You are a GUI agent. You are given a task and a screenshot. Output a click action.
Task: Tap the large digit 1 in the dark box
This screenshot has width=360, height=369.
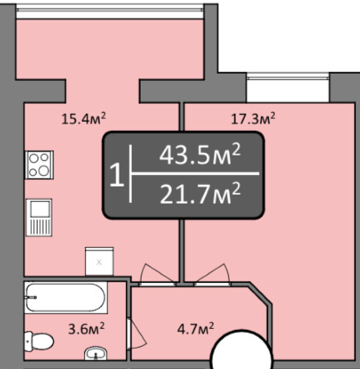pos(117,175)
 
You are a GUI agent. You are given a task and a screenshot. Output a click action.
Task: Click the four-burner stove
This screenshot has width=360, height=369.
pos(38,165)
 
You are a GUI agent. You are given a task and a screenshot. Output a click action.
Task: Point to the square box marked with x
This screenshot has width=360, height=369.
pos(99,261)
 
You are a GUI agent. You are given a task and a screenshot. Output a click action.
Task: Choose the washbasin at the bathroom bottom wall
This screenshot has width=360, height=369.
pos(96,353)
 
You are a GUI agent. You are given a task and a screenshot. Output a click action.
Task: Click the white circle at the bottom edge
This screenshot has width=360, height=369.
pos(241,353)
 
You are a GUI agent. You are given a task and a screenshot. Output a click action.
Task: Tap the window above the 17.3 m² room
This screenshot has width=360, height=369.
pos(287,77)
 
